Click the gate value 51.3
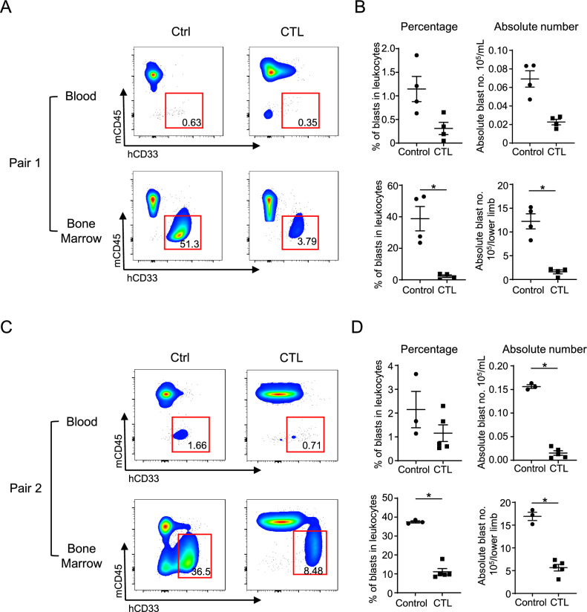click(x=189, y=244)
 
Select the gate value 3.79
click(x=307, y=241)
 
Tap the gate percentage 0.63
click(x=191, y=123)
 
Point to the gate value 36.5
click(x=201, y=572)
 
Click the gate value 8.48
click(x=313, y=570)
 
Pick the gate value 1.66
click(x=197, y=446)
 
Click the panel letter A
click(x=6, y=7)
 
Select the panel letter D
click(x=357, y=327)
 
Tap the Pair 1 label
click(x=25, y=163)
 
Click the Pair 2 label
click(x=26, y=488)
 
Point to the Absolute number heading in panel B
click(x=536, y=27)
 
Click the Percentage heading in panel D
click(x=429, y=349)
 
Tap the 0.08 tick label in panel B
click(x=497, y=68)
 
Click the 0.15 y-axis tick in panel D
click(x=499, y=389)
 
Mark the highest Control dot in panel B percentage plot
click(x=416, y=56)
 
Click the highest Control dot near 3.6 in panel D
click(x=416, y=374)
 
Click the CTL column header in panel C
click(x=291, y=357)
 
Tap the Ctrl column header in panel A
click(x=181, y=32)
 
